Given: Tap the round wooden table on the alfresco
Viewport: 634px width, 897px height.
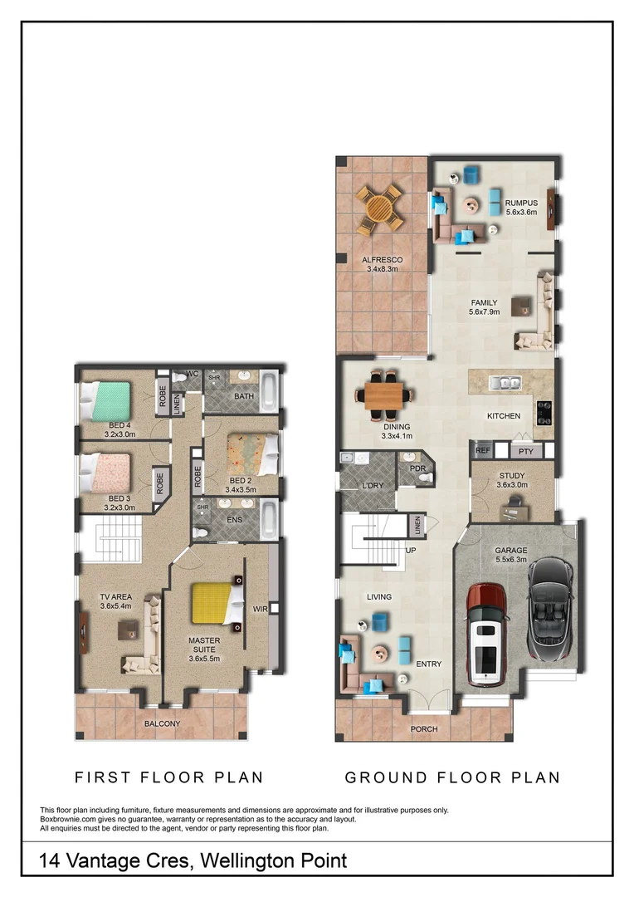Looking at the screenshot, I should (380, 210).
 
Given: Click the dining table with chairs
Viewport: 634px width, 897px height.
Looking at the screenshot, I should (385, 394).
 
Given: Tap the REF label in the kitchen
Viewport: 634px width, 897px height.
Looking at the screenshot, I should (482, 451).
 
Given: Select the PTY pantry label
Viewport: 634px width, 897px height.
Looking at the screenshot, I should (524, 451).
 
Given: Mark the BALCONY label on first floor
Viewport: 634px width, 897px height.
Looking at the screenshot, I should (162, 723).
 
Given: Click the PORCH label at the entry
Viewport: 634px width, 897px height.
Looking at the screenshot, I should (424, 729).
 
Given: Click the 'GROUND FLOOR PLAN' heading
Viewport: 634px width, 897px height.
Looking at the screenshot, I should (452, 778).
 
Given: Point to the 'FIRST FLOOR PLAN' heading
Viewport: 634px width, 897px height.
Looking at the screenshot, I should (169, 778).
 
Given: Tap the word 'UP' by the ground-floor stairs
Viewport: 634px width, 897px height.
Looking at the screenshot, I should (410, 551).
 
